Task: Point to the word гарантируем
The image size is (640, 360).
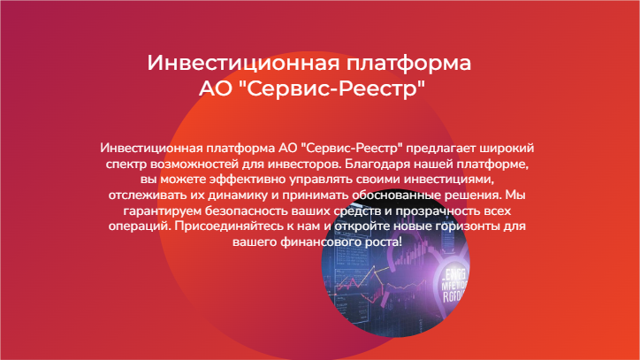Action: (x=163, y=211)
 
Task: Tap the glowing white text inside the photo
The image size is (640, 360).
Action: (x=455, y=285)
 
